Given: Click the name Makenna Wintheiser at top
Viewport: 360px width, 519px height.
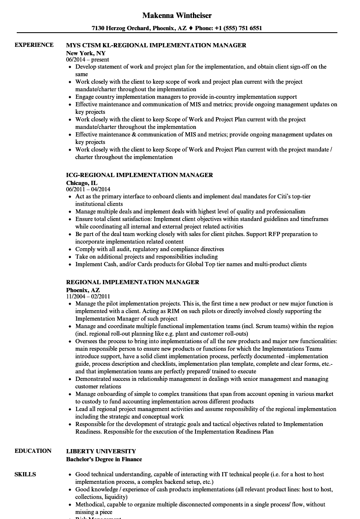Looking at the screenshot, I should (177, 15).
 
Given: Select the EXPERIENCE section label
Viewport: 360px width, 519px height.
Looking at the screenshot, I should (34, 45).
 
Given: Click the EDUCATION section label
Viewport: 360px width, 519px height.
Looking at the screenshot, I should (33, 451).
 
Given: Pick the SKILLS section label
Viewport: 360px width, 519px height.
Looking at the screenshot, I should (25, 474).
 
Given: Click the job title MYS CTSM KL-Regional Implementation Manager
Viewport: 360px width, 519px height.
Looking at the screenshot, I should (156, 45).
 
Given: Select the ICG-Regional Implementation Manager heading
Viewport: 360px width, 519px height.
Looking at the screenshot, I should (139, 175).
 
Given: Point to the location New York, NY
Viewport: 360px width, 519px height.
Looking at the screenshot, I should (86, 53).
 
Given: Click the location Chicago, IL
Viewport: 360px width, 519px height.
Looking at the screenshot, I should (82, 183).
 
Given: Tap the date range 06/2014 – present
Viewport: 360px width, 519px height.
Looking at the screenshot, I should (87, 60).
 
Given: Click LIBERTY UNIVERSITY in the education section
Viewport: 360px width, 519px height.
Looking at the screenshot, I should (101, 451).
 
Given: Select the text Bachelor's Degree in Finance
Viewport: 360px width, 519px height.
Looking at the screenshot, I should (104, 459).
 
